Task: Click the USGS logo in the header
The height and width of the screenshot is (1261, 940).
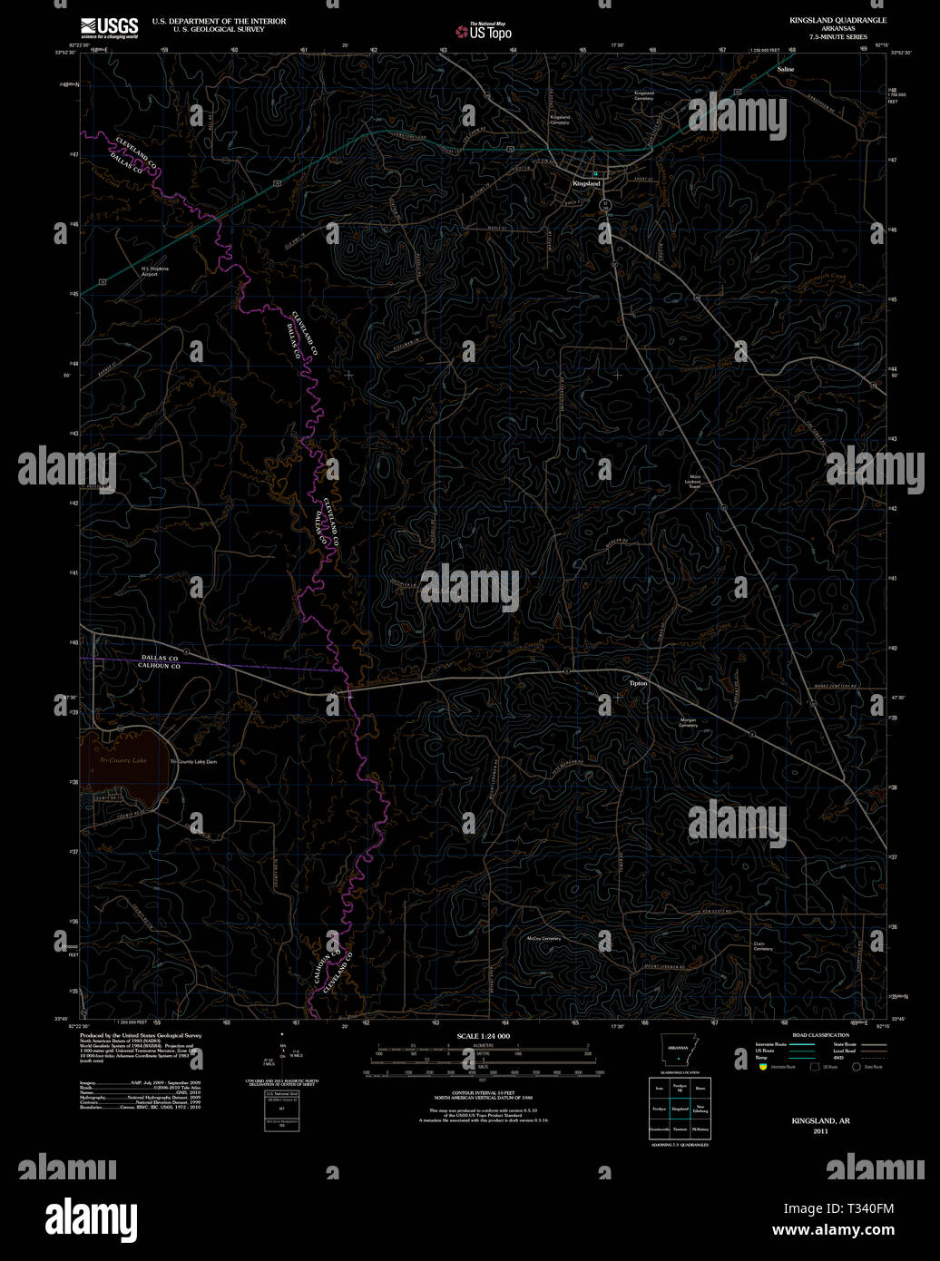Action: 109,27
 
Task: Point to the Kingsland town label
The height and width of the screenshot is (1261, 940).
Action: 586,183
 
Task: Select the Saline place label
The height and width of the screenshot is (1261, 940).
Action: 785,69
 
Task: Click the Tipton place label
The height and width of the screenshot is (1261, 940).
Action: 638,682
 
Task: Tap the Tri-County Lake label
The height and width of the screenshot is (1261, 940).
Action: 122,760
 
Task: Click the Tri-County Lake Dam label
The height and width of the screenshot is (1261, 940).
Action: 193,762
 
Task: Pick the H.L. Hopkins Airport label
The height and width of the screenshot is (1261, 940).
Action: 154,271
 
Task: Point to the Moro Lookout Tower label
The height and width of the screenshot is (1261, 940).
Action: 695,482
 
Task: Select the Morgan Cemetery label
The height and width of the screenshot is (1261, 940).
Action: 688,723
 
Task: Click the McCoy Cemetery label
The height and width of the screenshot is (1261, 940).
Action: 544,938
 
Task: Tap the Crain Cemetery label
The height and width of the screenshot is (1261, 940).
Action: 762,945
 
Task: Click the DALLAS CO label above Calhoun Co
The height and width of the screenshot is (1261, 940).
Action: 160,658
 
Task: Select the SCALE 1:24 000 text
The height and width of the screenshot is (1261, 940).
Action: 483,1036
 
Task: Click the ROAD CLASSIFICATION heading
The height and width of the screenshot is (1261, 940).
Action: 820,1035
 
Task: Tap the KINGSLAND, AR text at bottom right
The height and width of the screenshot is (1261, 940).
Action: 820,1121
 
